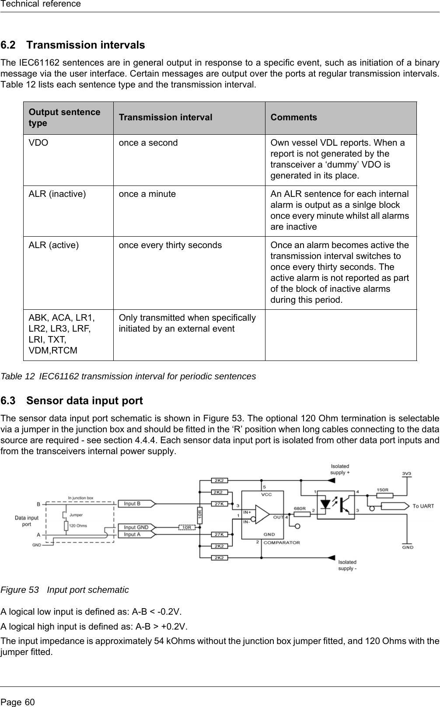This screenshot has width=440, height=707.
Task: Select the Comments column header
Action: (293, 118)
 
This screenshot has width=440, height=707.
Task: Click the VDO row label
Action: (38, 143)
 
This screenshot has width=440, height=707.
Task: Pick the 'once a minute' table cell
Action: (147, 194)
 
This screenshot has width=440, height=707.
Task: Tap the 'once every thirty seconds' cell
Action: (170, 245)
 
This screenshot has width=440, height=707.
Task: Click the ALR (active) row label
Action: (54, 245)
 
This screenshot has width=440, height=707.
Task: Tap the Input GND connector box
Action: (136, 527)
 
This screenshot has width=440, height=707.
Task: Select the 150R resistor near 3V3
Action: (385, 496)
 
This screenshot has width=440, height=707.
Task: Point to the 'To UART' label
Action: (423, 506)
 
